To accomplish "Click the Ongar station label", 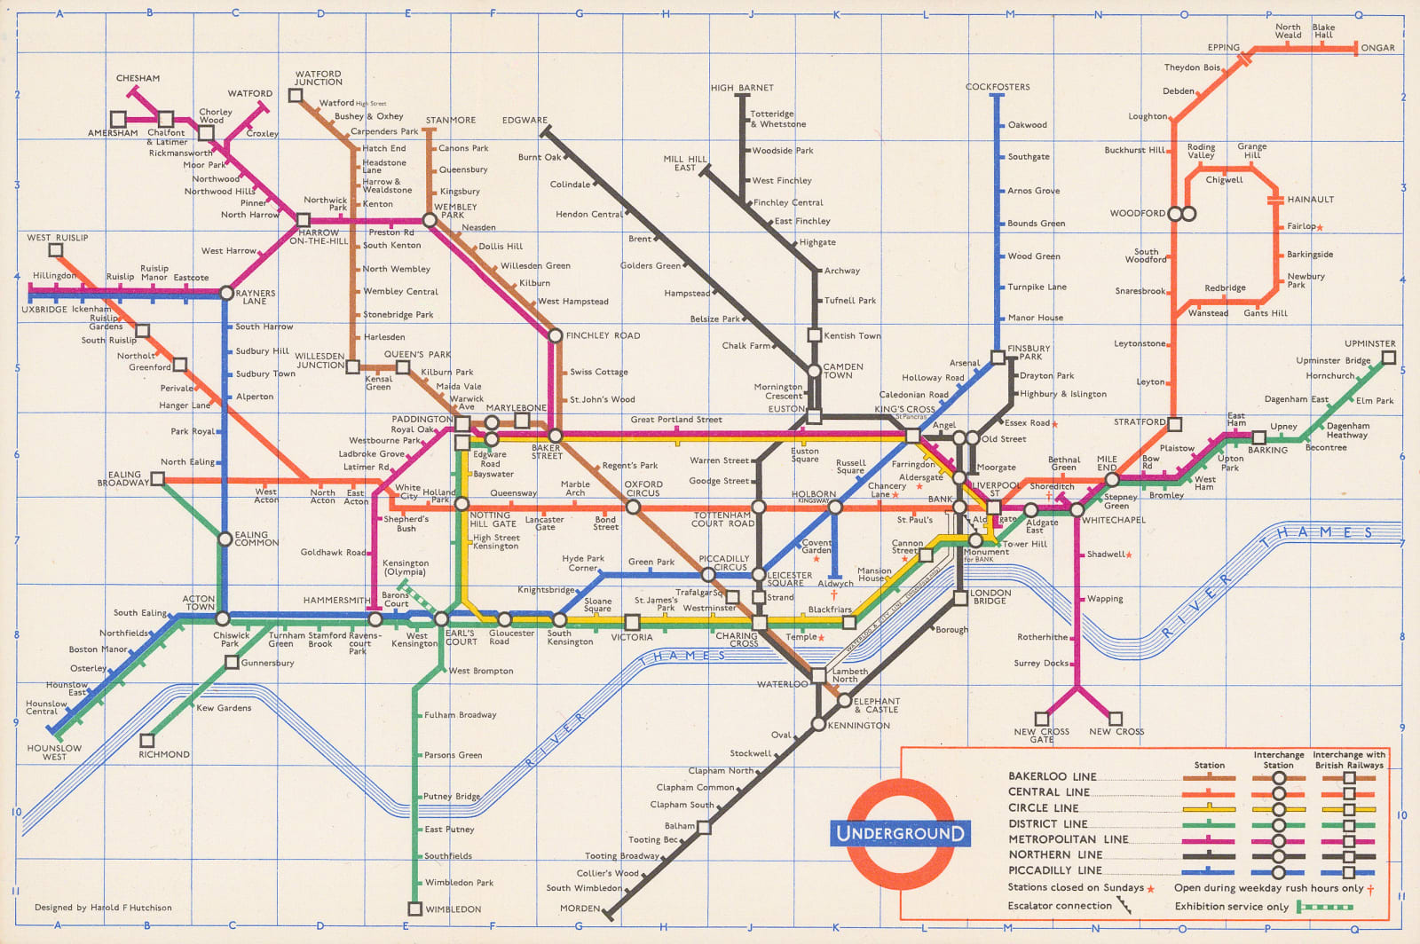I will pyautogui.click(x=1377, y=48).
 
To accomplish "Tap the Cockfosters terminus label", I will pyautogui.click(x=998, y=87).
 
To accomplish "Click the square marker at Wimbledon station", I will pyautogui.click(x=414, y=909).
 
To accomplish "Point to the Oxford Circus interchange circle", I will pyautogui.click(x=633, y=507).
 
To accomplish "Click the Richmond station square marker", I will pyautogui.click(x=148, y=740).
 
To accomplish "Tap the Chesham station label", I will pyautogui.click(x=138, y=78).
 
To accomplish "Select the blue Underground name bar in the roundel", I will pyautogui.click(x=900, y=833).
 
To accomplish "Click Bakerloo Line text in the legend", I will pyautogui.click(x=1052, y=776).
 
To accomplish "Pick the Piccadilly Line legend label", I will pyautogui.click(x=1054, y=870).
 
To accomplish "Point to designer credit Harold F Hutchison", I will pyautogui.click(x=103, y=908).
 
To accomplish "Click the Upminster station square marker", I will pyautogui.click(x=1389, y=358).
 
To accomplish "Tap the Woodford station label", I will pyautogui.click(x=1137, y=213).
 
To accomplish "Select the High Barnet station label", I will pyautogui.click(x=742, y=88).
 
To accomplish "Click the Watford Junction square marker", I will pyautogui.click(x=296, y=95).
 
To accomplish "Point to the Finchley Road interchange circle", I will pyautogui.click(x=556, y=335).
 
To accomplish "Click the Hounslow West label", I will pyautogui.click(x=54, y=752).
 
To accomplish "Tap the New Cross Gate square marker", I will pyautogui.click(x=1042, y=719).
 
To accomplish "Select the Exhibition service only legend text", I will pyautogui.click(x=1231, y=906).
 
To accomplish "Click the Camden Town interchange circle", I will pyautogui.click(x=814, y=371).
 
